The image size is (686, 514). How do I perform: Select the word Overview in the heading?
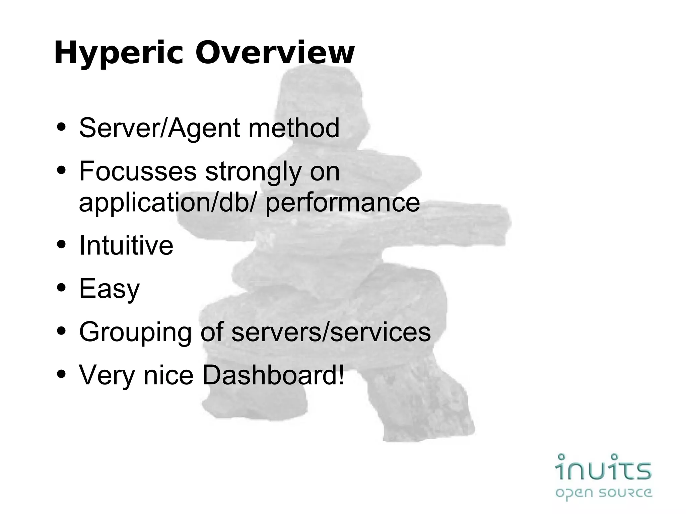tap(275, 53)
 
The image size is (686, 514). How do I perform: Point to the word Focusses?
tap(138, 171)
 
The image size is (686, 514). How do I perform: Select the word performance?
tap(342, 203)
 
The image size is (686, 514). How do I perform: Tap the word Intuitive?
tap(126, 245)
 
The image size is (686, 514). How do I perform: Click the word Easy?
tap(109, 289)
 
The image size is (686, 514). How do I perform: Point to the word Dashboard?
tap(273, 375)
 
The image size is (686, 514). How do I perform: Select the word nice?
tap(168, 375)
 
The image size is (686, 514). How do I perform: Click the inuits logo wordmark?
tap(603, 467)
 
